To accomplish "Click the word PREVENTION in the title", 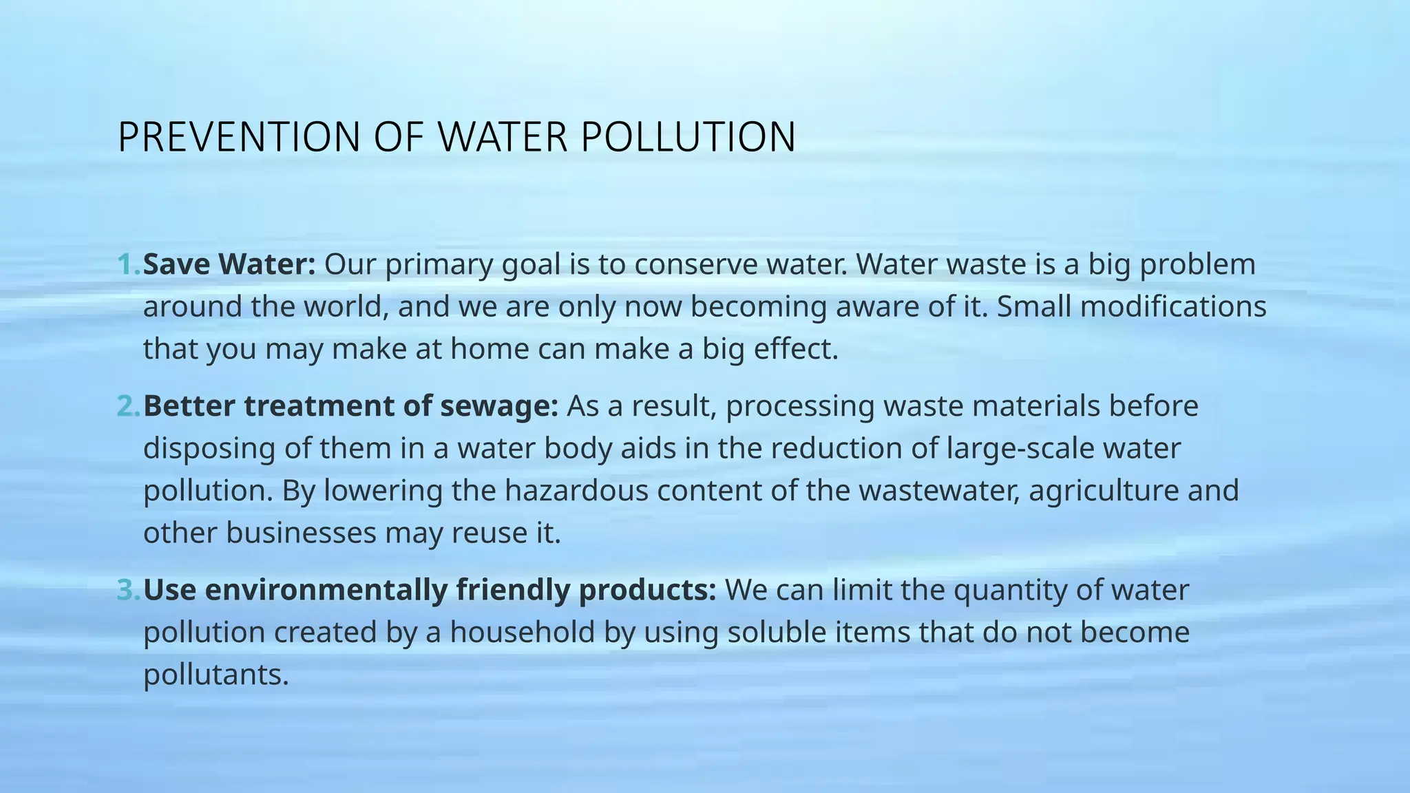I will pyautogui.click(x=239, y=137).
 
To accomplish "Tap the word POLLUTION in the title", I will pyautogui.click(x=688, y=137).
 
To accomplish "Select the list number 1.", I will pyautogui.click(x=128, y=264).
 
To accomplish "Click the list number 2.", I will pyautogui.click(x=128, y=406).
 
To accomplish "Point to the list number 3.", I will pyautogui.click(x=128, y=590).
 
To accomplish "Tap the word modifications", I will pyautogui.click(x=1173, y=306).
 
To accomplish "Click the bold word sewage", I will pyautogui.click(x=499, y=406).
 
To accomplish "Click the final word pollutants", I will pyautogui.click(x=215, y=675).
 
